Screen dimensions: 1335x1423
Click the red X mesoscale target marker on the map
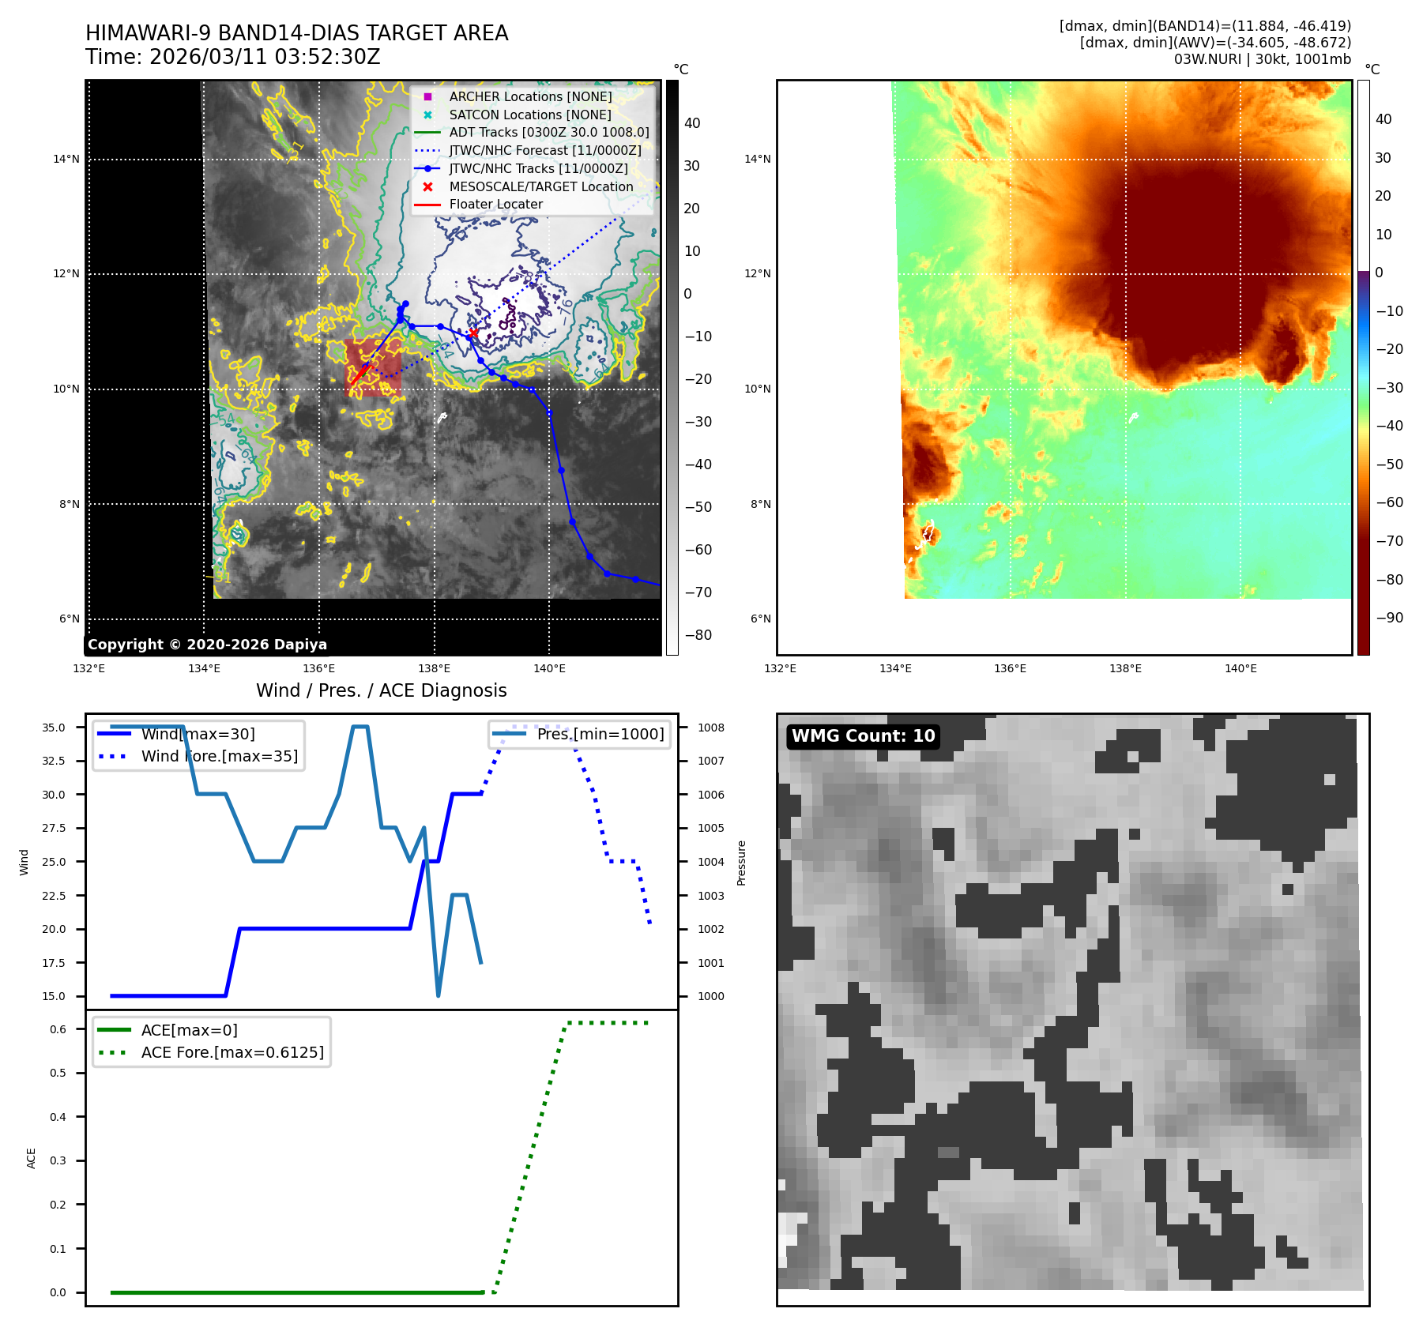pos(472,333)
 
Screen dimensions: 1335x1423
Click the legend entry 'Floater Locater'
pos(495,205)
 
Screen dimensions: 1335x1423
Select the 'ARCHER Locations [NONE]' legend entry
pos(530,96)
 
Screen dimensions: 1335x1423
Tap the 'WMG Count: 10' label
pos(863,736)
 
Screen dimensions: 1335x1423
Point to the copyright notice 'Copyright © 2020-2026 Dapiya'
pos(207,645)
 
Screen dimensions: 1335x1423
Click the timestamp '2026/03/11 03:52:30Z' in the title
pos(265,58)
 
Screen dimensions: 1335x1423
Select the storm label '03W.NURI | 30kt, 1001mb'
pos(1262,59)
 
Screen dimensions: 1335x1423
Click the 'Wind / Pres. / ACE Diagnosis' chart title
pos(381,690)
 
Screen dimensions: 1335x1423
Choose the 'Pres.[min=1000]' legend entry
pos(600,734)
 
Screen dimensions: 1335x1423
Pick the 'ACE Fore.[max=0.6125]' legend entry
pos(232,1052)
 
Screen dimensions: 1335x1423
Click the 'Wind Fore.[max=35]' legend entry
pos(219,756)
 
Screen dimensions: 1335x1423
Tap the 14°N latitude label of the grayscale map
pos(66,160)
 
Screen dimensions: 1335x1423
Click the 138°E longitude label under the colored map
pos(1125,669)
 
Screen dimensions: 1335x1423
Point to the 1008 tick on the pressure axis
pos(710,728)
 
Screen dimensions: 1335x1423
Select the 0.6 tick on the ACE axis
pos(58,1029)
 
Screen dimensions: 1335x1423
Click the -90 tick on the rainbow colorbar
pos(1389,618)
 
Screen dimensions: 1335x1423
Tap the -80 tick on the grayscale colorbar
pos(698,635)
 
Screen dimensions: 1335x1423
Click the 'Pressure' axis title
pos(741,863)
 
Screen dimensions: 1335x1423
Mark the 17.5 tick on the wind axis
pos(54,963)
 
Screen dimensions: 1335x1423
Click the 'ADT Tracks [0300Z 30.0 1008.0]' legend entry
pos(548,133)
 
